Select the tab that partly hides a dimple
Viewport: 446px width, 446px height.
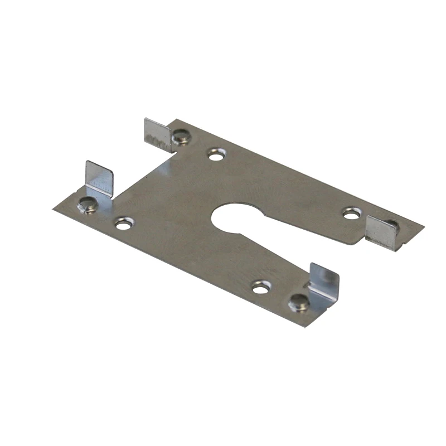[x=381, y=232]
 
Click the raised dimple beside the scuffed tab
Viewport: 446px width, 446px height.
[x=180, y=137]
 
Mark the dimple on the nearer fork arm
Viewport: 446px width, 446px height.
[x=299, y=303]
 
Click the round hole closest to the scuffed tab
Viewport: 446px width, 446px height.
[x=216, y=154]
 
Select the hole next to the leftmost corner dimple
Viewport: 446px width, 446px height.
[x=124, y=224]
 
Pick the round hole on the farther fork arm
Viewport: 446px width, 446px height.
[x=351, y=213]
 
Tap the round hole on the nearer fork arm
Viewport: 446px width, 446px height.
[x=261, y=287]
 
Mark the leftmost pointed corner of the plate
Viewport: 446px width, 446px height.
[x=54, y=209]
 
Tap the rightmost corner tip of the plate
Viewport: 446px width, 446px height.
[x=423, y=227]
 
